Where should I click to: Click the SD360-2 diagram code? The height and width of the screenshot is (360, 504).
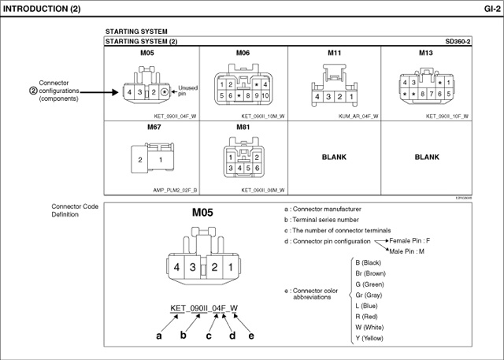[x=458, y=41]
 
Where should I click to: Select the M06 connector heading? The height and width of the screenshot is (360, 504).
[x=242, y=53]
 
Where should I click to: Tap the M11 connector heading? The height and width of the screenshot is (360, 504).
[x=335, y=53]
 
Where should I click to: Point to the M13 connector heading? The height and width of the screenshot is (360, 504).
[x=426, y=53]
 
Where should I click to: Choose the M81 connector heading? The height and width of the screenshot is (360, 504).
[x=242, y=127]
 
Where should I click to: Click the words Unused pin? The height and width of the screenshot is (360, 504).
[x=188, y=91]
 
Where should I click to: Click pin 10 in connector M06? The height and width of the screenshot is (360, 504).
[x=266, y=95]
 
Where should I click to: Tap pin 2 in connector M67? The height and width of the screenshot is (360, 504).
[x=140, y=160]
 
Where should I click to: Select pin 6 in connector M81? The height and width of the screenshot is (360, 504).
[x=257, y=168]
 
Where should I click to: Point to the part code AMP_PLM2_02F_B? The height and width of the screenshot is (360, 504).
[x=175, y=190]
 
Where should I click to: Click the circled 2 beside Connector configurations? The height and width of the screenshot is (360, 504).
[x=33, y=91]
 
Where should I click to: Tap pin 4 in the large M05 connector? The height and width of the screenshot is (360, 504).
[x=177, y=268]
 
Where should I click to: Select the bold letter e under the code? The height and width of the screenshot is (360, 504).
[x=251, y=336]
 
